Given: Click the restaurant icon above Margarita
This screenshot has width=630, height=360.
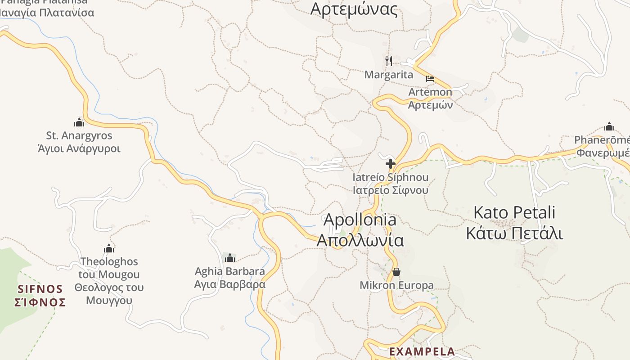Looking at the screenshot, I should [389, 61].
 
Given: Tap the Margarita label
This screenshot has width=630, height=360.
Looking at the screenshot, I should [389, 75].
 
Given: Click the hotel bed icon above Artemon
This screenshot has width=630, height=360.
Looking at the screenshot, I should [430, 79].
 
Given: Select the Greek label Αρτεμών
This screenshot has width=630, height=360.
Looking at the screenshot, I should [430, 105].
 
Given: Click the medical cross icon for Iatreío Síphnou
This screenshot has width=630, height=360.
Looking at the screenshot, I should [390, 164].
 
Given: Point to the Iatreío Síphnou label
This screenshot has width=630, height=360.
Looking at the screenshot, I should [390, 177].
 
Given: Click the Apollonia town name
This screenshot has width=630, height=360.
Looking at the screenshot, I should [360, 220].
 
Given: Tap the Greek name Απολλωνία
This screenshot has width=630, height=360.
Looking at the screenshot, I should [360, 240].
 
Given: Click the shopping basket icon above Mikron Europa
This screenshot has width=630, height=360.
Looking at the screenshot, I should [396, 272].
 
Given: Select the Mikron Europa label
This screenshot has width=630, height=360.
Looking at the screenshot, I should [396, 285].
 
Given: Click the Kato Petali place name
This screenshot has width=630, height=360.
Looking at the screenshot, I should [515, 212].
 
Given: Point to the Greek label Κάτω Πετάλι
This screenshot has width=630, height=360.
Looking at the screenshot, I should [515, 234].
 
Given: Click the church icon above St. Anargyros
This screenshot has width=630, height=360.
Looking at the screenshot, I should [79, 122].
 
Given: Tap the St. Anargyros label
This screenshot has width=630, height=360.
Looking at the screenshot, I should [79, 135].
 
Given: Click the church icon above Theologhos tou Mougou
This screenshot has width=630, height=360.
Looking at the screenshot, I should [109, 248].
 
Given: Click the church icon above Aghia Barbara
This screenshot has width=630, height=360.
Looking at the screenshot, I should [230, 258].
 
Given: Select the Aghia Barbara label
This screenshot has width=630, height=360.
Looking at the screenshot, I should [230, 271].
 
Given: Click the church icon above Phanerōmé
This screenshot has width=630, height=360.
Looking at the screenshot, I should [609, 126].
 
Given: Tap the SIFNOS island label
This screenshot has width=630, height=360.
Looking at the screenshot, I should [40, 288].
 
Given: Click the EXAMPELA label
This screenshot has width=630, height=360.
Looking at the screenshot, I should [422, 351].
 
